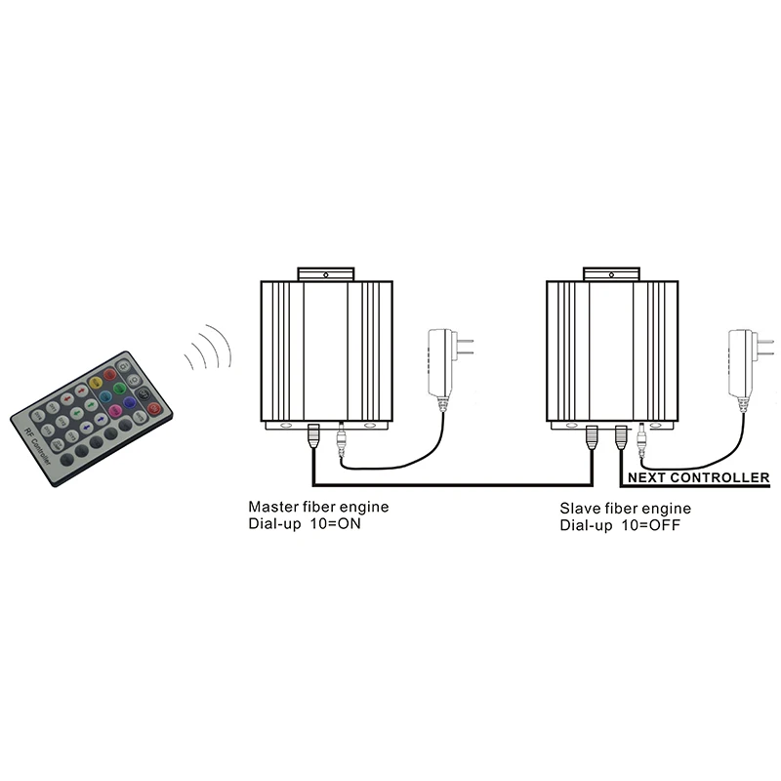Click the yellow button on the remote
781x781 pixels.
[x=96, y=382]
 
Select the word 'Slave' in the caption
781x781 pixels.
[x=579, y=509]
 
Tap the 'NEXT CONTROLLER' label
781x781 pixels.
[x=698, y=478]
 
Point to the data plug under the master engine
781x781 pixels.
[x=313, y=438]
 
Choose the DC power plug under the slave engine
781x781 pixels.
[x=641, y=438]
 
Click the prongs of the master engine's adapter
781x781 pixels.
[x=468, y=345]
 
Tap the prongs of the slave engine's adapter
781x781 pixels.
[x=770, y=345]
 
